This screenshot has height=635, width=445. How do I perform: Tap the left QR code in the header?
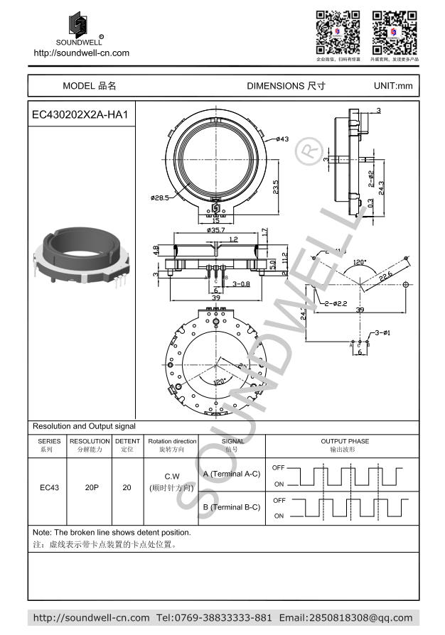[x=338, y=32]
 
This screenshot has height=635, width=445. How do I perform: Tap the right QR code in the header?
[x=395, y=32]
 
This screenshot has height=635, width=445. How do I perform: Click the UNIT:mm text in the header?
[x=392, y=86]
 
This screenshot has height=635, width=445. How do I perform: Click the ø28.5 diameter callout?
[x=160, y=198]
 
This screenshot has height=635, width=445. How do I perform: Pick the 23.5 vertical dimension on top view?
[x=276, y=186]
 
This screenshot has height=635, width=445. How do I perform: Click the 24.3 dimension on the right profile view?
[x=382, y=188]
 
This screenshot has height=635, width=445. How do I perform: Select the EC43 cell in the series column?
[x=48, y=488]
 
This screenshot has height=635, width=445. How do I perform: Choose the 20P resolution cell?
[x=91, y=488]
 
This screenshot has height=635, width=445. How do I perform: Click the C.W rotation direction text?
[x=172, y=476]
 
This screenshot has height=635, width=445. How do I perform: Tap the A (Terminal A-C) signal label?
[x=232, y=474]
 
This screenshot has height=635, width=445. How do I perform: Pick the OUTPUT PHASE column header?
[x=345, y=441]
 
